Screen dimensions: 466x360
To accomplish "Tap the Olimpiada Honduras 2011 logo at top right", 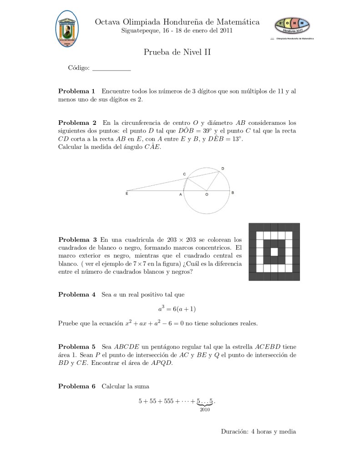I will click(292, 26).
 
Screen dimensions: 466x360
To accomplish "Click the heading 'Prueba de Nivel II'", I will click(177, 52).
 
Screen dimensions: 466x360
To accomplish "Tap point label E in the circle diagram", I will click(127, 194).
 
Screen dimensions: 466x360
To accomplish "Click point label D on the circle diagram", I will click(223, 169).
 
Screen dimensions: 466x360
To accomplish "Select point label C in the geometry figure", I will click(184, 174).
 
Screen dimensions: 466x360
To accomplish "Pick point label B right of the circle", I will click(233, 193).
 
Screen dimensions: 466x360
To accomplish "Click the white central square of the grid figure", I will click(274, 251).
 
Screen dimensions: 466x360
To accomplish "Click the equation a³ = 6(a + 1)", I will click(177, 308).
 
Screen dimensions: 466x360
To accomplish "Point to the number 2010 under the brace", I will click(204, 410).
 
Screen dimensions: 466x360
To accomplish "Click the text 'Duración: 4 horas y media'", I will click(259, 431).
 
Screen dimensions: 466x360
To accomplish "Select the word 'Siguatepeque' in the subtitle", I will click(140, 31).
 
